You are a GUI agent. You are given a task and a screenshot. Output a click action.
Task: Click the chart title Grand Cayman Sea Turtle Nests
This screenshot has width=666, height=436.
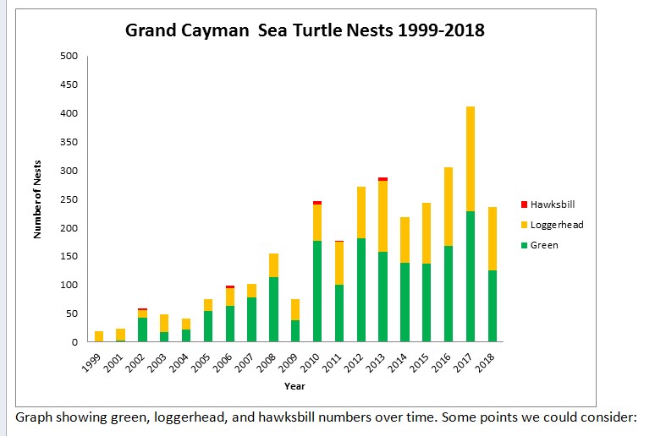tap(305, 30)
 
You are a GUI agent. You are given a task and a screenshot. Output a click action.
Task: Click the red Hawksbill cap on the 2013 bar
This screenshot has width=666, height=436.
tap(383, 179)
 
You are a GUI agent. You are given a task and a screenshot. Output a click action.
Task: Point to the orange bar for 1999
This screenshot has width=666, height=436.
tap(99, 336)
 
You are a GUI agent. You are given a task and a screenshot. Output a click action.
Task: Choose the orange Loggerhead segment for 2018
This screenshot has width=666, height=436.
tap(492, 239)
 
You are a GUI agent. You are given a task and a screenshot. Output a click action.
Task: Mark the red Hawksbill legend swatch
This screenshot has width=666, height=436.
tap(524, 204)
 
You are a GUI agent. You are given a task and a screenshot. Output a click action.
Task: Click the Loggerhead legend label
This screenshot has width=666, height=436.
tap(557, 225)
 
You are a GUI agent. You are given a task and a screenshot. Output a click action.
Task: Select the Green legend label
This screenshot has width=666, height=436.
tap(544, 245)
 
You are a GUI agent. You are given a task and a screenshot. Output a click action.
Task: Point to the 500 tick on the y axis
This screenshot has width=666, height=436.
tap(69, 56)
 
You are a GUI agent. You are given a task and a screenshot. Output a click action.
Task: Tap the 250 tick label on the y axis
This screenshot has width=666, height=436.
tap(69, 199)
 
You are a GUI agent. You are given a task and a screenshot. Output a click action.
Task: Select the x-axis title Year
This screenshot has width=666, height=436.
tap(295, 386)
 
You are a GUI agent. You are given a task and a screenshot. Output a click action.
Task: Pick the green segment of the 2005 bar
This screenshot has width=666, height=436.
tap(208, 326)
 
